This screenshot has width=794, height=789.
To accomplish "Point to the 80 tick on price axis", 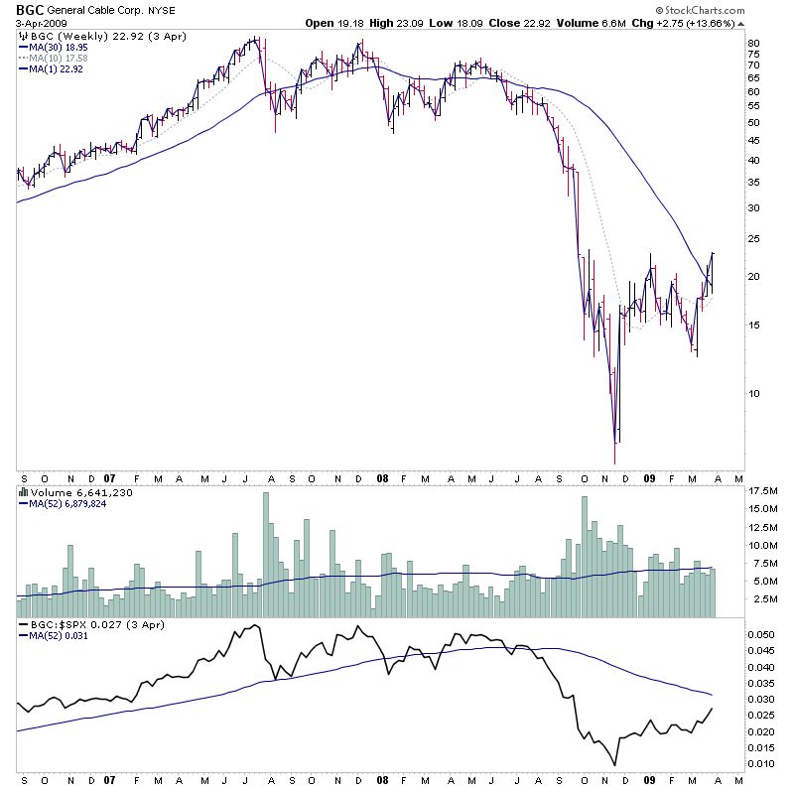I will (x=753, y=44).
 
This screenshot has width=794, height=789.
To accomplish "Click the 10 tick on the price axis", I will (x=753, y=393).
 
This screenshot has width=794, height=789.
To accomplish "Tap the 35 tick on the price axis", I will (x=753, y=183).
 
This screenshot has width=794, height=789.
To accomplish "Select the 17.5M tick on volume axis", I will (x=763, y=491).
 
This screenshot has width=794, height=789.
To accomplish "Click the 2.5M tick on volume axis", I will (x=760, y=599).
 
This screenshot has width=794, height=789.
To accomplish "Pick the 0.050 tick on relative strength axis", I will (x=759, y=632).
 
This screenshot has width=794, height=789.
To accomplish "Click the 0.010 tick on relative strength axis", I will (x=759, y=763).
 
